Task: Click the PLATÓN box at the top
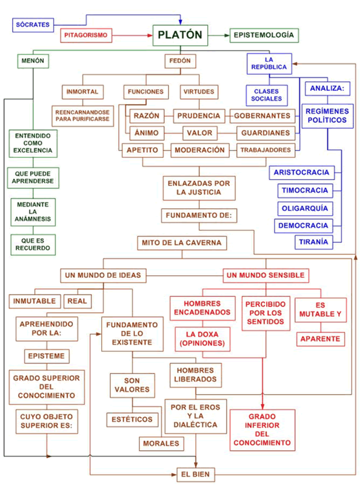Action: pos(179,35)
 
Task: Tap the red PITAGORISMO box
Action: pos(85,36)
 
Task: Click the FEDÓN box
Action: pos(179,61)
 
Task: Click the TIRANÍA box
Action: pos(313,242)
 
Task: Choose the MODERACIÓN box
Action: pos(200,150)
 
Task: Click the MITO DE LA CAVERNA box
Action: pos(182,243)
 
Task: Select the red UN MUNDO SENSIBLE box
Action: pos(265,275)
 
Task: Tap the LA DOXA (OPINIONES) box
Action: pos(202,339)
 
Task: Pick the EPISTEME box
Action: pos(48,355)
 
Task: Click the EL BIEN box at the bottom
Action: pos(195,475)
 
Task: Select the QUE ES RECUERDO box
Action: pos(33,243)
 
